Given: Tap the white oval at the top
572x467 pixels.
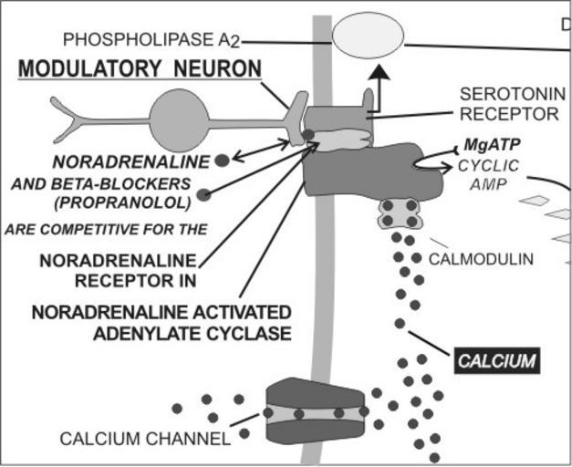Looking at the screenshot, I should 368,40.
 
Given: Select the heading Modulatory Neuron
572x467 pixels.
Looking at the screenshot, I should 140,70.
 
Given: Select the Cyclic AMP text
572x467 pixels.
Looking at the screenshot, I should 488,174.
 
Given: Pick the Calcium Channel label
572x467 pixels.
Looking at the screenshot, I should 144,439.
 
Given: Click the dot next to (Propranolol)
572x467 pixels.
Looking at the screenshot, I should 203,193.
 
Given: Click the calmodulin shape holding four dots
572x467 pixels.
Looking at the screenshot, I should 400,213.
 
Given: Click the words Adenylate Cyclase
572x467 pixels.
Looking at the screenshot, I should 192,332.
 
